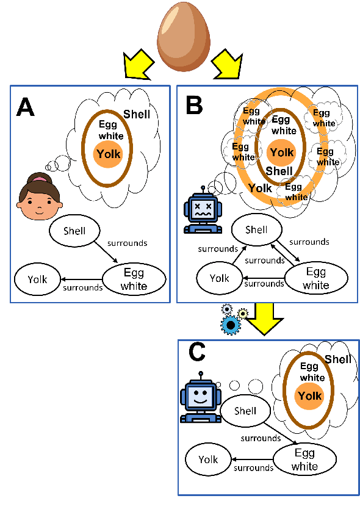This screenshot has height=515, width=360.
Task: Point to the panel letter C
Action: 196,352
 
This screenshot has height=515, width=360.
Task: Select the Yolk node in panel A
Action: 37,279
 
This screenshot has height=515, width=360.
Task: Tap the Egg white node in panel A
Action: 134,279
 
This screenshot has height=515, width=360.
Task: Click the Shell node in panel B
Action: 256,229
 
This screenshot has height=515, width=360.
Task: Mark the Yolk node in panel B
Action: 220,278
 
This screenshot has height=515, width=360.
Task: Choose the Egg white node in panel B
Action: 316,278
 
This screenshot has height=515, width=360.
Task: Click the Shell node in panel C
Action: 245,411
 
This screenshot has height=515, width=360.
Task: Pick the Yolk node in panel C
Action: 208,459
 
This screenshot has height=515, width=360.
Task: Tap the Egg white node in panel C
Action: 304,460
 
